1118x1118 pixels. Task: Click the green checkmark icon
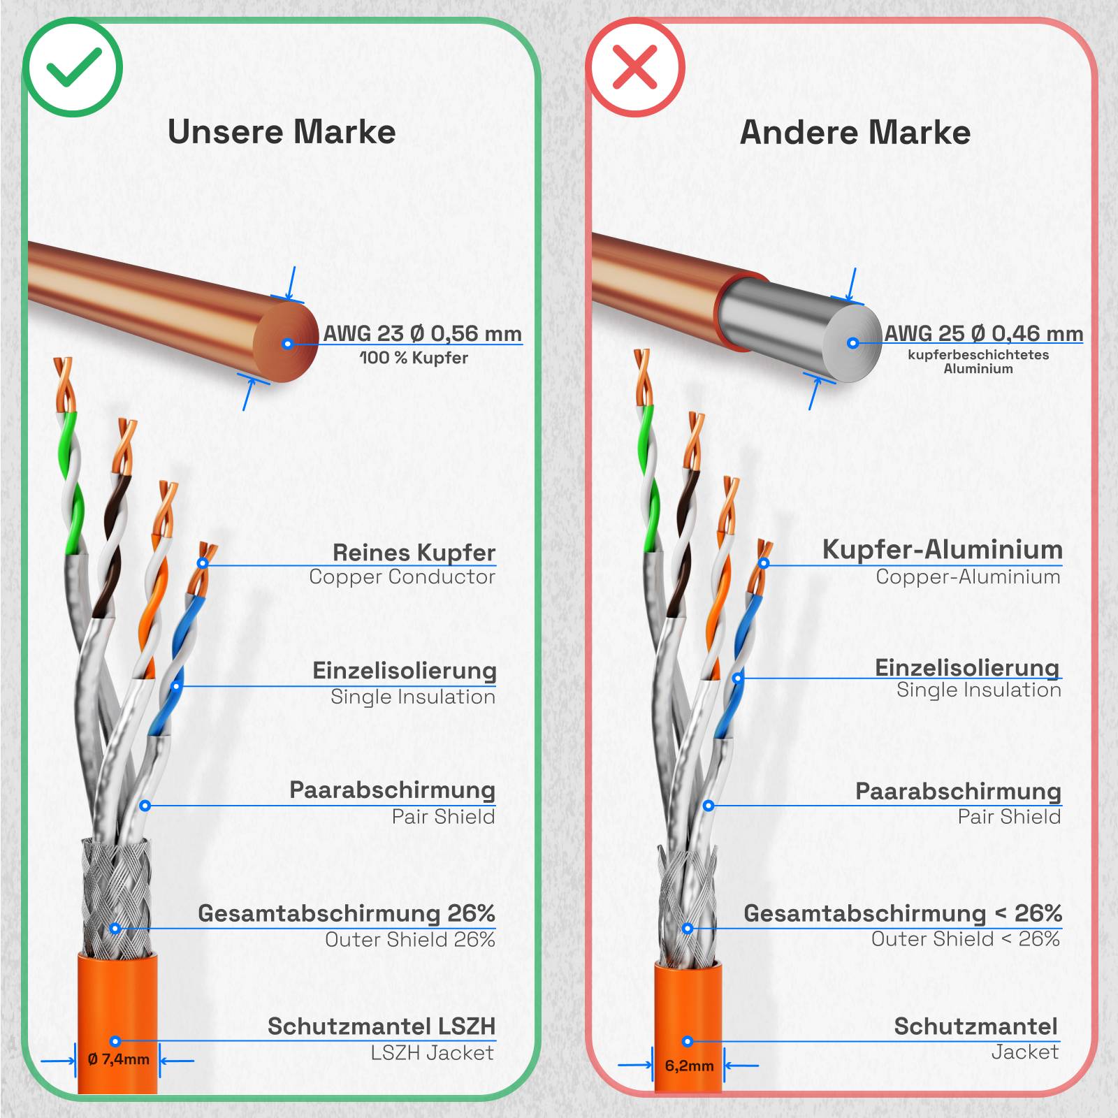pos(73,68)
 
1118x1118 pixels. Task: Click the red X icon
pos(635,67)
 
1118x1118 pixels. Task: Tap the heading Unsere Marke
pos(282,132)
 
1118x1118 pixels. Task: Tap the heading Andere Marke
pos(855,133)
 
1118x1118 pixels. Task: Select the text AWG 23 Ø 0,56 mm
pos(422,333)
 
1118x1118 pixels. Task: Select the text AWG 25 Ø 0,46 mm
pos(983,333)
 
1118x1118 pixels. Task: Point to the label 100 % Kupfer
pos(414,358)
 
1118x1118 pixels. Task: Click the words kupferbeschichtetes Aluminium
pos(978,361)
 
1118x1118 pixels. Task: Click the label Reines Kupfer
pos(414,552)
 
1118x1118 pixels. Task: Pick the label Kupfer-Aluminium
pos(942,549)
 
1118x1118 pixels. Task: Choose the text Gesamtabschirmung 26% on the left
pos(346,913)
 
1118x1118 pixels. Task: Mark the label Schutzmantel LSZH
pos(381,1026)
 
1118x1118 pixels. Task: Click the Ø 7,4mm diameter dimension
pos(119,1059)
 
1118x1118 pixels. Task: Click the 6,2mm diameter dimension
pos(689,1066)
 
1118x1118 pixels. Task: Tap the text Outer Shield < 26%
pos(965,939)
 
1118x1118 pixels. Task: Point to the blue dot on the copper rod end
pos(287,344)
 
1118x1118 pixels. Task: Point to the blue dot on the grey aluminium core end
pos(852,343)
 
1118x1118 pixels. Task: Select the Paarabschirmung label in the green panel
pos(392,790)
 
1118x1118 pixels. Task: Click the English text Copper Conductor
pos(402,577)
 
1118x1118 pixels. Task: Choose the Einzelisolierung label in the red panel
pos(967,667)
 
